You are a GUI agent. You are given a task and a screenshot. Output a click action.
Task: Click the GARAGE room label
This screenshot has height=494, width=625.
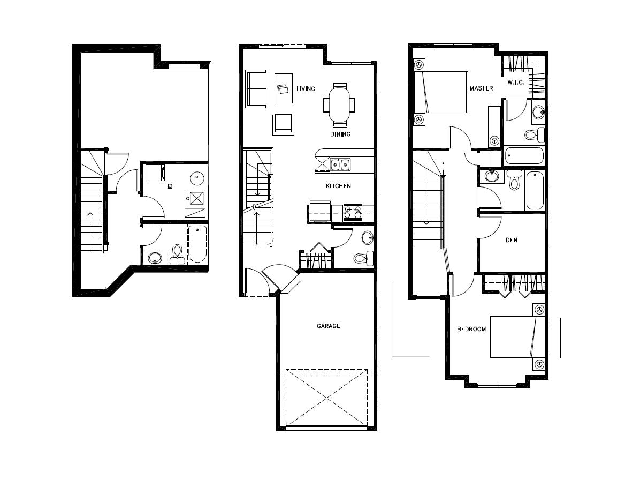click(328, 326)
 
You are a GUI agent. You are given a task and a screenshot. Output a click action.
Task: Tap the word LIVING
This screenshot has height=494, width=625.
click(306, 88)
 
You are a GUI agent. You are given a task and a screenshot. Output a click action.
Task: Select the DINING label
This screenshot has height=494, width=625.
click(340, 134)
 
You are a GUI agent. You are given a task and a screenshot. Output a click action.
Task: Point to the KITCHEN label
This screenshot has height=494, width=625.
click(338, 186)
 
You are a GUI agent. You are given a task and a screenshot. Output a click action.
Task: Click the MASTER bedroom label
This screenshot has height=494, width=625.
click(481, 88)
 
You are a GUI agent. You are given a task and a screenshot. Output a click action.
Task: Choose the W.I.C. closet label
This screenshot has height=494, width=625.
click(516, 82)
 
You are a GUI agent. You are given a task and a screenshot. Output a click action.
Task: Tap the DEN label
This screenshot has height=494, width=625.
click(512, 240)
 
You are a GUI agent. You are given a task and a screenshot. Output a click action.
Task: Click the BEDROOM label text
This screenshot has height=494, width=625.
click(471, 329)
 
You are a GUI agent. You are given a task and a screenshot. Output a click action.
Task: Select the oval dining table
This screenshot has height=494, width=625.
click(340, 105)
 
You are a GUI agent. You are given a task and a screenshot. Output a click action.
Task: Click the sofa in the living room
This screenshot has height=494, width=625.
click(256, 88)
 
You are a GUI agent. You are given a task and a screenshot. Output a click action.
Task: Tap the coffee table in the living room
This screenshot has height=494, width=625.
click(284, 88)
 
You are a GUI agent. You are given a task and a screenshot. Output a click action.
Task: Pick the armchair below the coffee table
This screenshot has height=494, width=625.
click(284, 124)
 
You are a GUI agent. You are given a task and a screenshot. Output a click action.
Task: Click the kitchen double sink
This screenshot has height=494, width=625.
click(340, 164)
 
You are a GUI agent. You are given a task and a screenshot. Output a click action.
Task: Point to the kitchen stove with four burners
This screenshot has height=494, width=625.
click(353, 212)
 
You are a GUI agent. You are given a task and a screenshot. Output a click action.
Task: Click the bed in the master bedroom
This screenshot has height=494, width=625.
click(441, 92)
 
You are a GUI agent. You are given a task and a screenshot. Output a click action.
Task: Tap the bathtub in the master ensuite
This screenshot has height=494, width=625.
click(524, 156)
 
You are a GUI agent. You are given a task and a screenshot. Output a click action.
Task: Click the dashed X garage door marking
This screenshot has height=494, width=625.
click(326, 398)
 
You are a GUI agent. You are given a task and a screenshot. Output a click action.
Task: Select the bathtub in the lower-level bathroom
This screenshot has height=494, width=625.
click(197, 244)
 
